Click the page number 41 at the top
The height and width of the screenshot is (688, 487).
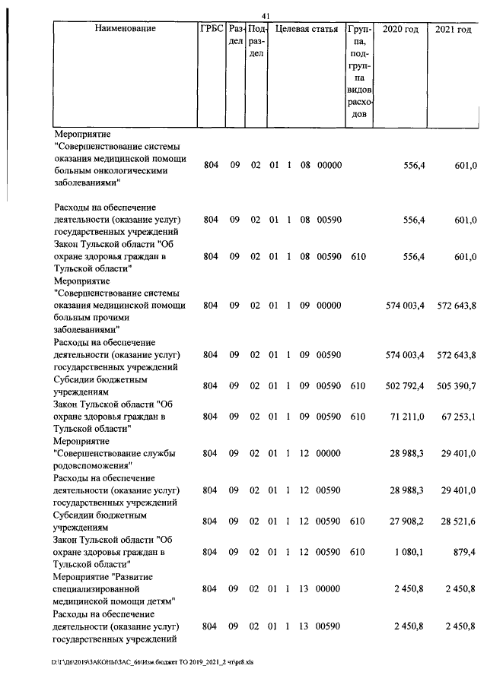(266, 17)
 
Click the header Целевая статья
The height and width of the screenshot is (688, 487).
(306, 29)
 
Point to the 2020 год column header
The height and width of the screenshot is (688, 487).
(400, 29)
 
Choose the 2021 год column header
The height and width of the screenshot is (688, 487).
(454, 29)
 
